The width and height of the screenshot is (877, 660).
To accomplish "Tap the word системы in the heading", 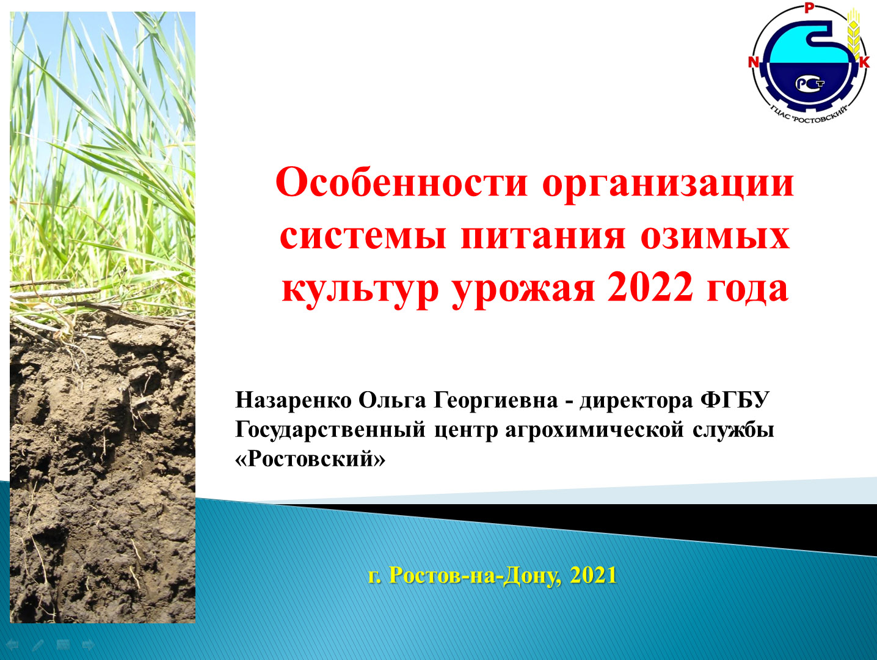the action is (363, 237).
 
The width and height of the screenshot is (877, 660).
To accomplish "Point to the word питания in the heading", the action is (543, 237).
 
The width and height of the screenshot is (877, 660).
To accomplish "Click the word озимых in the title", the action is (715, 237).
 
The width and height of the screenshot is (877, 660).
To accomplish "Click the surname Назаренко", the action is (293, 400).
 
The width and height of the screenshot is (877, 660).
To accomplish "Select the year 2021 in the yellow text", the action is (593, 575).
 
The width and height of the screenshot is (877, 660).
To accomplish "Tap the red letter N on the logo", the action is (754, 62).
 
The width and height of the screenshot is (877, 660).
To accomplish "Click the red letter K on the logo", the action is (864, 62).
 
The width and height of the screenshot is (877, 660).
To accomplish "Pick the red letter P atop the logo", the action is (809, 8).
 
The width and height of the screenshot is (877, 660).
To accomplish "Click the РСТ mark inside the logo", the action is (810, 83).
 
